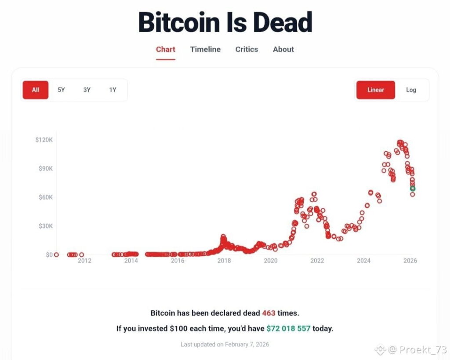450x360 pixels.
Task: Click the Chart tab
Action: click(x=166, y=49)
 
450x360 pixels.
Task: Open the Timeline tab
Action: click(x=205, y=49)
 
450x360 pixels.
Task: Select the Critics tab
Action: click(x=247, y=49)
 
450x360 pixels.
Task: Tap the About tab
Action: click(x=283, y=49)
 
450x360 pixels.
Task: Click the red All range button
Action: click(x=36, y=90)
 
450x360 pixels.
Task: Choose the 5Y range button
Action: click(x=61, y=90)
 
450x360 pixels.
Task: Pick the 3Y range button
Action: click(x=87, y=90)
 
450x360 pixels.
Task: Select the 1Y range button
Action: click(x=113, y=90)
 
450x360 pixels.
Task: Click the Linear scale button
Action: click(x=376, y=90)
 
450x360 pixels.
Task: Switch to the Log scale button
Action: click(x=411, y=90)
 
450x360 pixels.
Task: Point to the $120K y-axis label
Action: click(x=44, y=140)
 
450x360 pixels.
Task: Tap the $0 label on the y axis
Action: click(x=49, y=255)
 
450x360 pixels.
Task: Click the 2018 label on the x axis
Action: click(x=224, y=261)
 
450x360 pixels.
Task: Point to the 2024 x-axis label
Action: click(x=364, y=261)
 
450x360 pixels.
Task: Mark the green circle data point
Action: click(x=413, y=189)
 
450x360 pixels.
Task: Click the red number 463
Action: click(x=269, y=313)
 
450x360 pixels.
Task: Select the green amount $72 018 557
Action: click(x=288, y=328)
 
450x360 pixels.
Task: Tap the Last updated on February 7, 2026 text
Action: click(x=225, y=344)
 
